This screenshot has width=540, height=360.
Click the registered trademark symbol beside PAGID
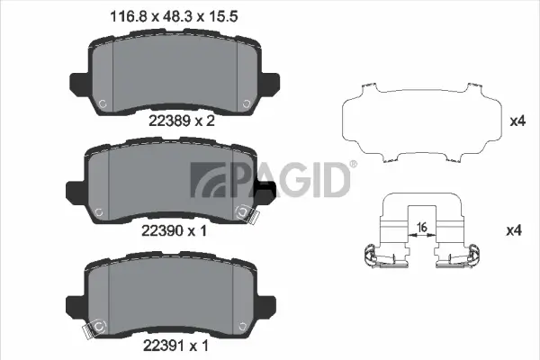pyautogui.click(x=353, y=165)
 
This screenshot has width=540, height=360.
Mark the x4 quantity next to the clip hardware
pyautogui.click(x=515, y=231)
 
